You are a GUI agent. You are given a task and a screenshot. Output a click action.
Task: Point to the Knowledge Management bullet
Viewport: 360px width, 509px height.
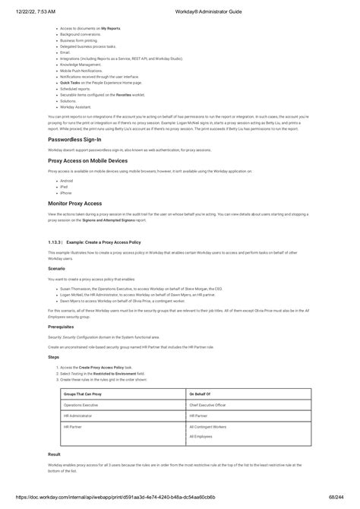[81, 65]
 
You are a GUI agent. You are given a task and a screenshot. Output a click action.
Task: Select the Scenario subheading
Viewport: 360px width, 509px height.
[57, 269]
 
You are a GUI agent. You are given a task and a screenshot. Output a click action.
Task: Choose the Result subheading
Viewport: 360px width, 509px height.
[54, 454]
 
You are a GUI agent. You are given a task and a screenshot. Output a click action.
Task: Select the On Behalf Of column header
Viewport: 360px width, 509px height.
[201, 395]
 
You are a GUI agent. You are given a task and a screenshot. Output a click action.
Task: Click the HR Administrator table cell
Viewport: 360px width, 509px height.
[78, 416]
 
